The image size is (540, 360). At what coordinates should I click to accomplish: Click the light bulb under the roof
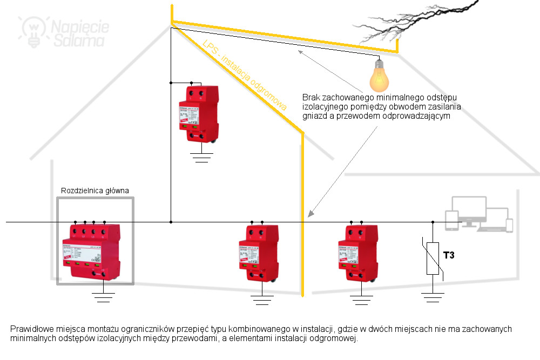(379, 77)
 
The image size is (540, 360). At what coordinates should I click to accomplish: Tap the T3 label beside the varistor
(449, 255)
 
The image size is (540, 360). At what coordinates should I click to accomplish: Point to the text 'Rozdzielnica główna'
(95, 191)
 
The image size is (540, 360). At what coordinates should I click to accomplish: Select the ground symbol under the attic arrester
(201, 157)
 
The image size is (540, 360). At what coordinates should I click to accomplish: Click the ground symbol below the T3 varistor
(433, 297)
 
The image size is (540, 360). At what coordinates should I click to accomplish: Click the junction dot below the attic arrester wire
(171, 222)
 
